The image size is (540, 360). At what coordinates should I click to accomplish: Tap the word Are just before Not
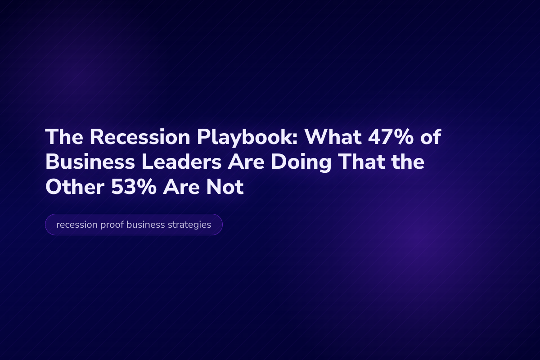tap(185, 187)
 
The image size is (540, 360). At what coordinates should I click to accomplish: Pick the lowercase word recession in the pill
tap(75, 225)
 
